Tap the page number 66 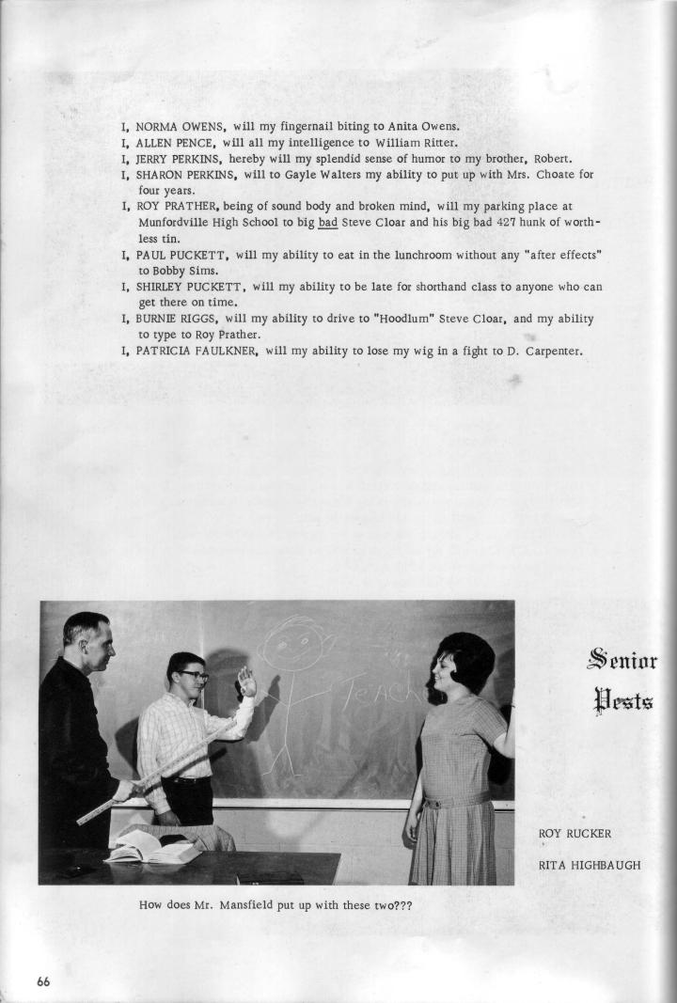pos(44,981)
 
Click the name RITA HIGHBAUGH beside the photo pos(590,865)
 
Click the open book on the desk pos(151,850)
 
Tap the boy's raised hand pos(246,681)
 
